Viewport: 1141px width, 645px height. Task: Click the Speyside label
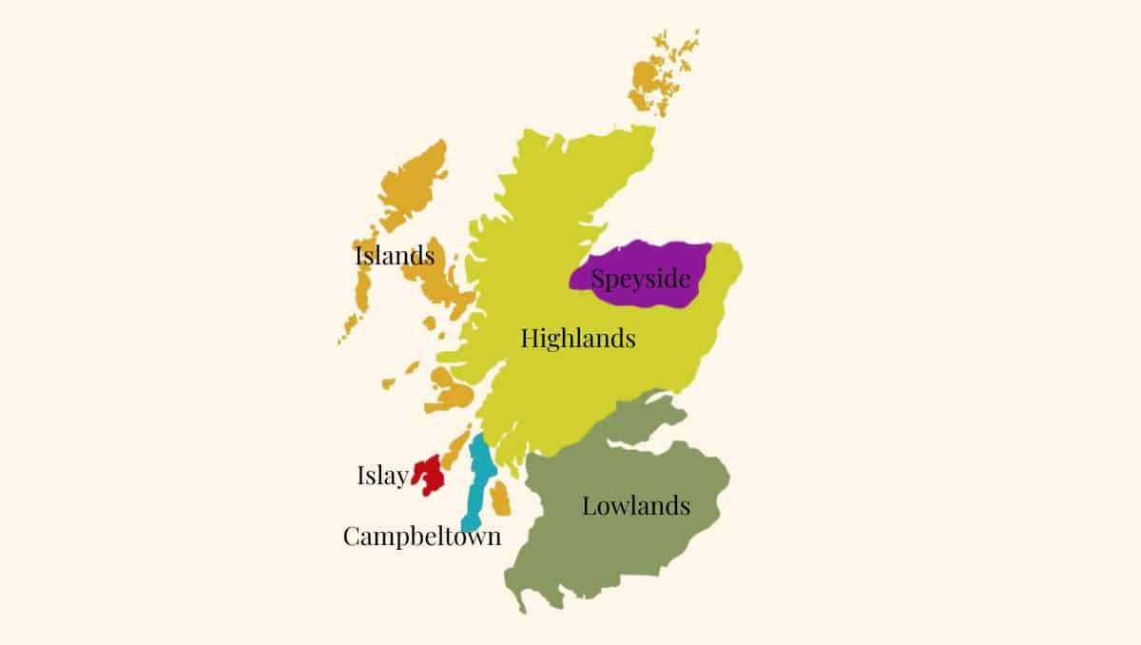639,280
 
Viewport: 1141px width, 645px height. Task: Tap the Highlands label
578,338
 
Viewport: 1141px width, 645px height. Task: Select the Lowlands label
635,506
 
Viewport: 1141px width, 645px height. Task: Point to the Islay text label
382,477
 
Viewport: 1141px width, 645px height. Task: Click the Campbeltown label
421,537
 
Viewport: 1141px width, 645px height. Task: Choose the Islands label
395,256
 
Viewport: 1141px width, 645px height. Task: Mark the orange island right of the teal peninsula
500,498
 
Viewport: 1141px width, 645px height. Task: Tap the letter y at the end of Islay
401,479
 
